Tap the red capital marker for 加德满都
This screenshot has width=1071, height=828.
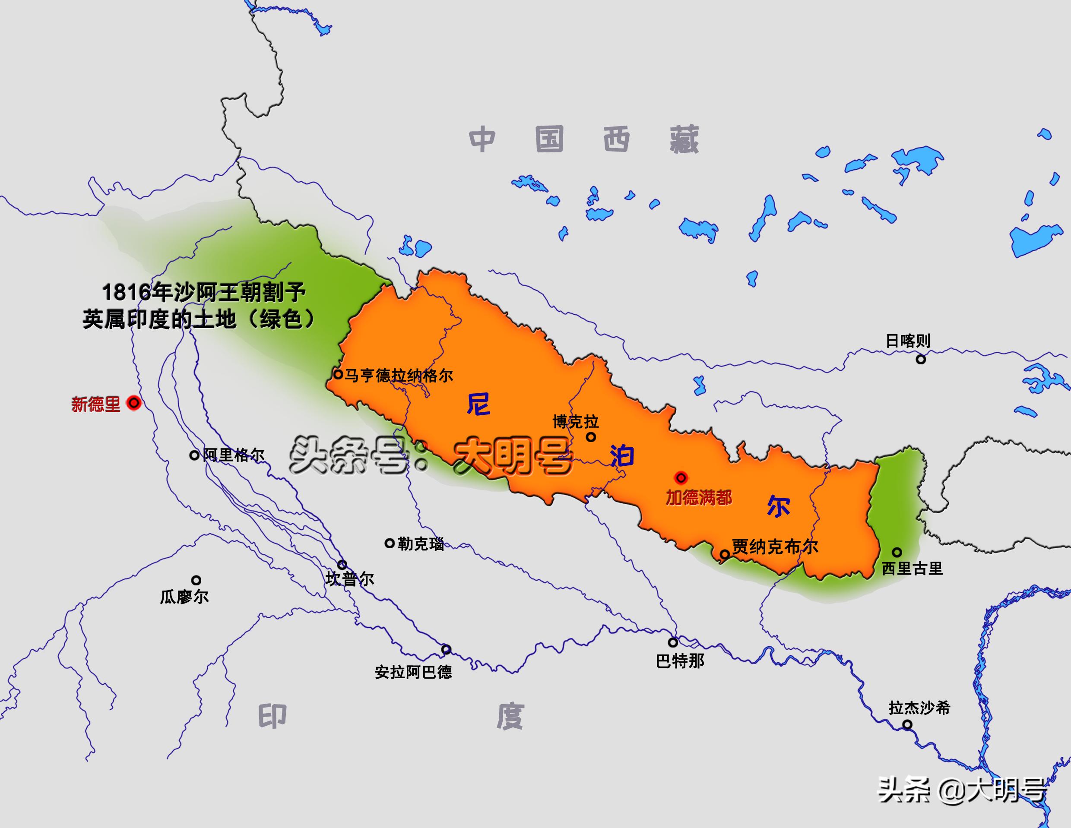pos(681,477)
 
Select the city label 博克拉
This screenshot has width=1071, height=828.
pos(576,422)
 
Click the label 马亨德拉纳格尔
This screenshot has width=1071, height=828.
pos(398,376)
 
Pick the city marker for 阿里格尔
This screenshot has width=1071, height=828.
pos(194,455)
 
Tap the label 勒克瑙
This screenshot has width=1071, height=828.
pos(421,544)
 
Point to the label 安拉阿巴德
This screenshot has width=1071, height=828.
pos(413,672)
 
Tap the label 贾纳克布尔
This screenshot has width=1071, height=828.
pos(775,547)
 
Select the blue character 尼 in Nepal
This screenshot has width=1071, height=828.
pos(478,405)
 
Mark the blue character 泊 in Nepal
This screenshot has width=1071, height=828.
pos(622,456)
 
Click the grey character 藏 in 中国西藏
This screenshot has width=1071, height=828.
pos(684,140)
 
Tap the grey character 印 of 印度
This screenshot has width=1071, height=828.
pos(272,717)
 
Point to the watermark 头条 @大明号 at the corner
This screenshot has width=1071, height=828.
pos(962,791)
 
